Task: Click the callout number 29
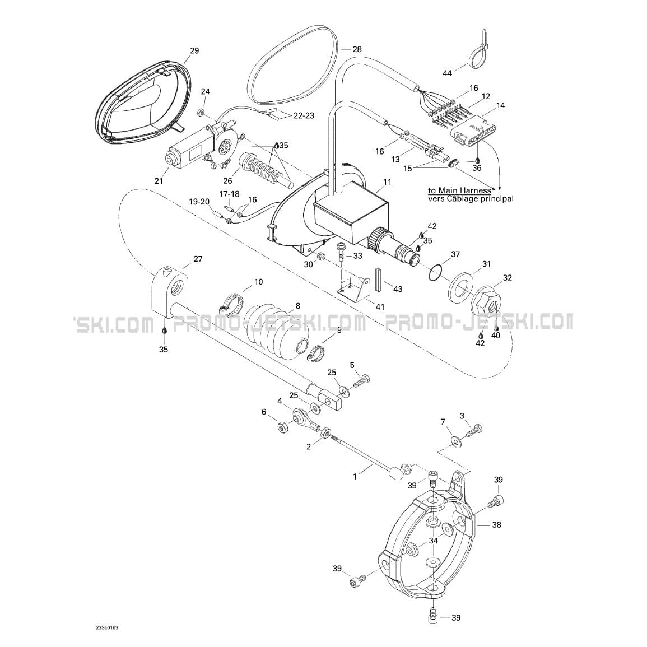tap(194, 51)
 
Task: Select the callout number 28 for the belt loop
tap(357, 49)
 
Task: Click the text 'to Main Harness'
tap(460, 190)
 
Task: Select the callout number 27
tap(197, 259)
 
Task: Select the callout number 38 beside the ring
tap(496, 525)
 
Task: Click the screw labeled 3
tap(474, 430)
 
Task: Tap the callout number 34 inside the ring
tap(434, 541)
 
